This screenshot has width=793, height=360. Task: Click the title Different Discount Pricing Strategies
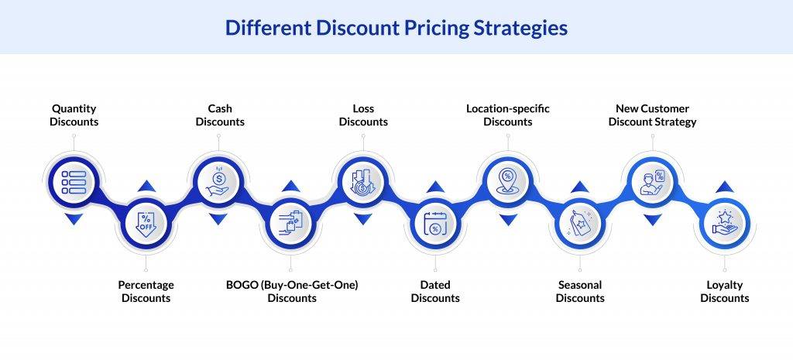396,28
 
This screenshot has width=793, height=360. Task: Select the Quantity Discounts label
74,115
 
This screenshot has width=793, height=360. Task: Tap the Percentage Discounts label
146,291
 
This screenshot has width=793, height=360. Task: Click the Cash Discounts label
219,115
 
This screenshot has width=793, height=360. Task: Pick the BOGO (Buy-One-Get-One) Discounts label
292,291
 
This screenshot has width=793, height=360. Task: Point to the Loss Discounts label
363,115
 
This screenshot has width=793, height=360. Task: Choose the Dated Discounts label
435,291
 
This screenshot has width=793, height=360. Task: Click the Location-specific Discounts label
507,115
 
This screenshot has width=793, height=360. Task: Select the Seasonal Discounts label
579,291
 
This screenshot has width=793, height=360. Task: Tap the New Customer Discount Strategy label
652,115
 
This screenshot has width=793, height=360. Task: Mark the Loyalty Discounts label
724,291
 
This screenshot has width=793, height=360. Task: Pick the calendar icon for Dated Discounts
435,225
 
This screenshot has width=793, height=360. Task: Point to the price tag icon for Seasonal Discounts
579,225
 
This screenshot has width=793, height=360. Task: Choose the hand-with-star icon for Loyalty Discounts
724,225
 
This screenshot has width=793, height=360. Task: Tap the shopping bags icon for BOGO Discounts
292,225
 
